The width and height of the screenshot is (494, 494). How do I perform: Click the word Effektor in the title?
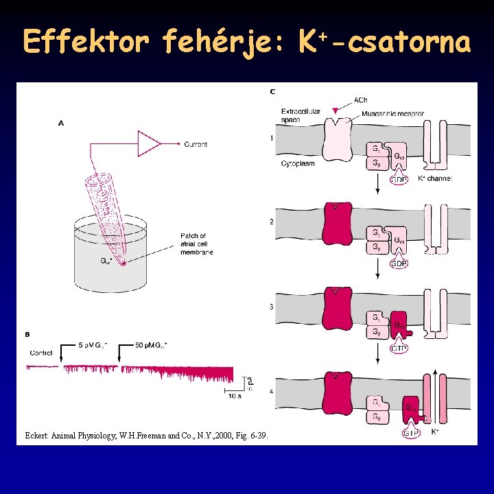pos(86,43)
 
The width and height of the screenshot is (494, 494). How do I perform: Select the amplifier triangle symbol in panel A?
pos(148,144)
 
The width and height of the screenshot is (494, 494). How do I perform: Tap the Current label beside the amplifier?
pos(196,144)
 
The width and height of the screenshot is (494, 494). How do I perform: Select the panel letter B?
pos(27,335)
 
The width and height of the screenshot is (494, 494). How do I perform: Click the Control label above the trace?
pos(41,353)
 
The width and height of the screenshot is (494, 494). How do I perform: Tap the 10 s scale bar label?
pos(234,395)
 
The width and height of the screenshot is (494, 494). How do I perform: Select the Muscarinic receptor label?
pos(392,114)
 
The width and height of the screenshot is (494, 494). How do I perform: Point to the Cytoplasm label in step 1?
pos(298,164)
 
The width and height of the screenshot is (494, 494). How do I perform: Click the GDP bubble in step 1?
pos(399,180)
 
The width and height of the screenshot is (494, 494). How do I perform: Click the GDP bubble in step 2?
pos(399,263)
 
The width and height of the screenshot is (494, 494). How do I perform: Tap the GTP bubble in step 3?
pos(399,349)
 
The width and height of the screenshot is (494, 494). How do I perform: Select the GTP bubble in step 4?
pos(411,433)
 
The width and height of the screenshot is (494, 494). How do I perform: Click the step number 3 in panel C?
pos(272,307)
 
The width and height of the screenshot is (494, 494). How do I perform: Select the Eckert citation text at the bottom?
pos(146,436)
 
